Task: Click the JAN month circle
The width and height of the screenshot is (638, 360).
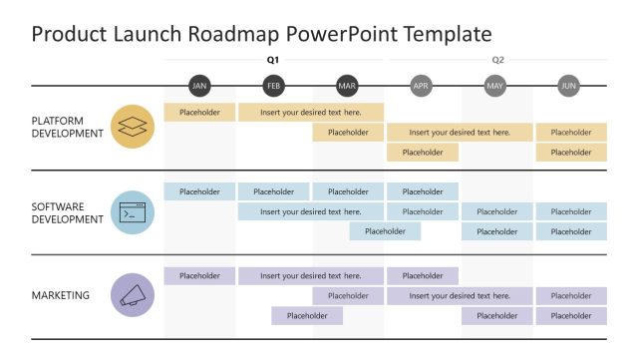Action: pyautogui.click(x=199, y=86)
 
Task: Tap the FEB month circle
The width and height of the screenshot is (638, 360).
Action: pyautogui.click(x=273, y=86)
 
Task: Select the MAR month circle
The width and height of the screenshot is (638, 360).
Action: pyautogui.click(x=347, y=86)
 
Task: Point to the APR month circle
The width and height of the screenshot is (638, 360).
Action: pyautogui.click(x=421, y=86)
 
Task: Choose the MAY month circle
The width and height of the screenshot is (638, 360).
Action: pyautogui.click(x=494, y=86)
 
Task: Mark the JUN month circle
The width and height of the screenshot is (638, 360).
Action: pyautogui.click(x=568, y=86)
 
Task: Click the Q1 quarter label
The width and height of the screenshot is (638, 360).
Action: pyautogui.click(x=273, y=60)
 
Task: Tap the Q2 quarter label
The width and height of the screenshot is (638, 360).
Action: pyautogui.click(x=497, y=60)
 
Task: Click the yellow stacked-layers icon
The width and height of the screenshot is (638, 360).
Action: pyautogui.click(x=133, y=127)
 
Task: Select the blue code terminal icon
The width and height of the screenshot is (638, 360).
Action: pyautogui.click(x=133, y=212)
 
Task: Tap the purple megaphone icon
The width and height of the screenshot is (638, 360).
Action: pyautogui.click(x=133, y=295)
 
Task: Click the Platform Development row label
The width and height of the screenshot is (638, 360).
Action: pyautogui.click(x=68, y=127)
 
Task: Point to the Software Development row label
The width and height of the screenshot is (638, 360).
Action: pyautogui.click(x=68, y=212)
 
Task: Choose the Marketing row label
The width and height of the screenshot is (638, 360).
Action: pyautogui.click(x=61, y=295)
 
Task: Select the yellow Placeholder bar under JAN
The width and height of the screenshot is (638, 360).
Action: pyautogui.click(x=199, y=113)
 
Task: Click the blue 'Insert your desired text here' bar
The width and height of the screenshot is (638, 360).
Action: pyautogui.click(x=310, y=211)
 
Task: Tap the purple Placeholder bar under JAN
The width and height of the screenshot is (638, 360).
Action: pyautogui.click(x=199, y=276)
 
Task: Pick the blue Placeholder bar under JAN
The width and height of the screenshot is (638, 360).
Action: pyautogui.click(x=199, y=191)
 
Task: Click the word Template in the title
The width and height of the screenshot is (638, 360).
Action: pyautogui.click(x=445, y=35)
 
